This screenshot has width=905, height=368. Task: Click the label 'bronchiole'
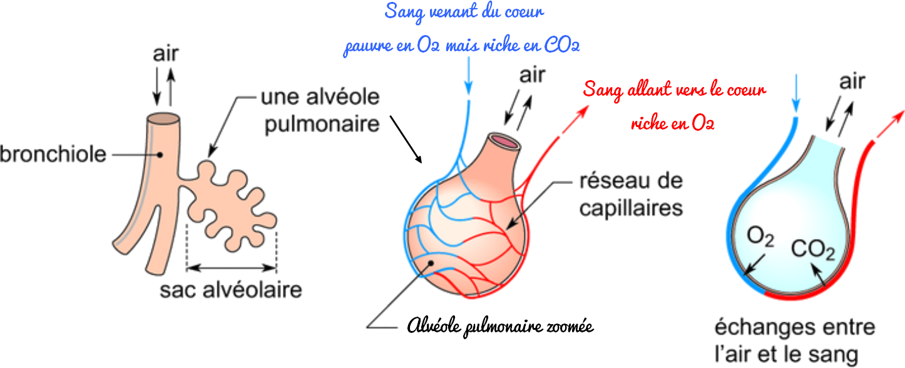[x=53, y=153]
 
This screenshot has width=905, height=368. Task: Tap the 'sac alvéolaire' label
[x=231, y=291]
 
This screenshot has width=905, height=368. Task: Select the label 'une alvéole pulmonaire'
[x=321, y=111]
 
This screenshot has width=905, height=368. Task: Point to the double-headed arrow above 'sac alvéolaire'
[x=232, y=268]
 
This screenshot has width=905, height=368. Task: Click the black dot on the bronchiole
[x=161, y=153]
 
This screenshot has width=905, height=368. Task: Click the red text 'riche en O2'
[x=673, y=123]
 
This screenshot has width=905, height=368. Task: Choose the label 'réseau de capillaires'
[x=630, y=194]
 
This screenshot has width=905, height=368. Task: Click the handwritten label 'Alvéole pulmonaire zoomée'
[x=499, y=326]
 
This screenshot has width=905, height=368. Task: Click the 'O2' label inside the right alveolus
[x=760, y=238]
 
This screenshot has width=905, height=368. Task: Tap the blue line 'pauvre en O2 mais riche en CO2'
[x=461, y=48]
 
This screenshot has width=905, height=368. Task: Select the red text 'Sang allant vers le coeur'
[x=674, y=90]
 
